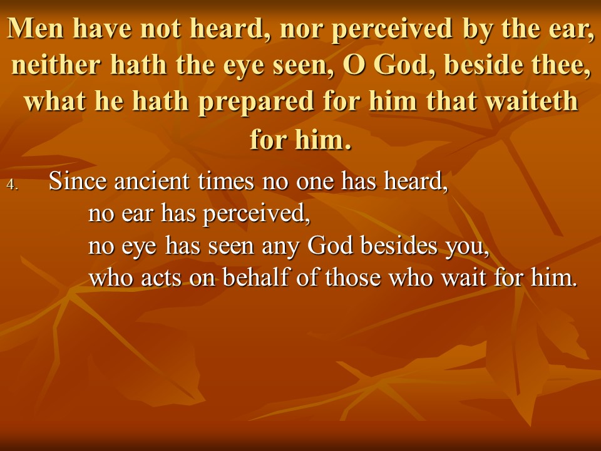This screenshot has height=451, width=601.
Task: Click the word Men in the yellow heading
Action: point(35,28)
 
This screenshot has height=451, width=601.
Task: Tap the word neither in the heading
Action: point(56,65)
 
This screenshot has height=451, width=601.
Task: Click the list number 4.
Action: point(12,185)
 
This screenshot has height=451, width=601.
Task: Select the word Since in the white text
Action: point(78,180)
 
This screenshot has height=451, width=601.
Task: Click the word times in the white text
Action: point(226,180)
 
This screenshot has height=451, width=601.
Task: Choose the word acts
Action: point(162,278)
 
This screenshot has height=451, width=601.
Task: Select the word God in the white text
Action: point(331,245)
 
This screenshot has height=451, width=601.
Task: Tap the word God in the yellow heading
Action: point(405,65)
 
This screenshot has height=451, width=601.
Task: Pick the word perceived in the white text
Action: point(257,214)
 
